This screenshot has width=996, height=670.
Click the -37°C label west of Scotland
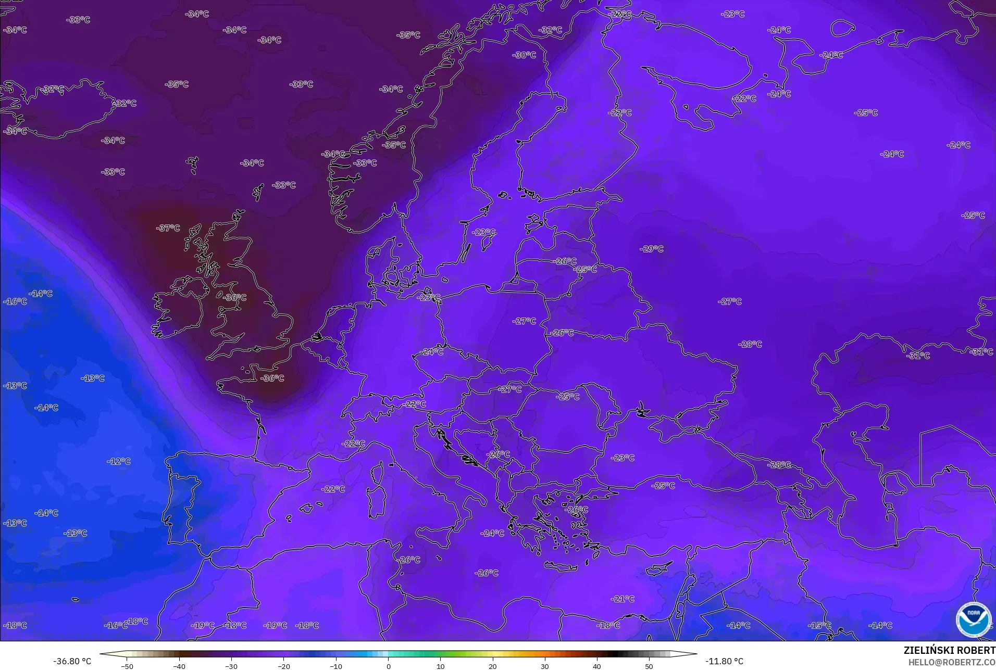coord(168,228)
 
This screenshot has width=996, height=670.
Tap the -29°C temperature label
coord(651,249)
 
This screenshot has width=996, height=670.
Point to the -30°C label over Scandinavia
coord(524,55)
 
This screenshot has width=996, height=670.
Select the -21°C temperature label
coord(622,599)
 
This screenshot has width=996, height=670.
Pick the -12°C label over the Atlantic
coord(119,461)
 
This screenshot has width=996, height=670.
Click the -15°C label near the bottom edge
coord(819,625)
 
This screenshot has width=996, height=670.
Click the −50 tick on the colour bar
coord(127,666)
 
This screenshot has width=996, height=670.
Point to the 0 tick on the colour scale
coord(388,666)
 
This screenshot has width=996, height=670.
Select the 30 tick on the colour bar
coord(544,666)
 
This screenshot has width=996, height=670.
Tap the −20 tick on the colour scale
coord(283,666)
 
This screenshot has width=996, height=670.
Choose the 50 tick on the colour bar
coord(649,666)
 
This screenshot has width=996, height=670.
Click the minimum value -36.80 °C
coord(72,661)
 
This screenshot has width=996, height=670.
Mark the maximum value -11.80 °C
coord(724,661)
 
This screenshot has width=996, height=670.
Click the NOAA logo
coord(973,619)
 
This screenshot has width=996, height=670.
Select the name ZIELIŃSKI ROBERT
coord(949,650)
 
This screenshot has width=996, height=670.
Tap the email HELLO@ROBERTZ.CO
coord(952,662)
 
